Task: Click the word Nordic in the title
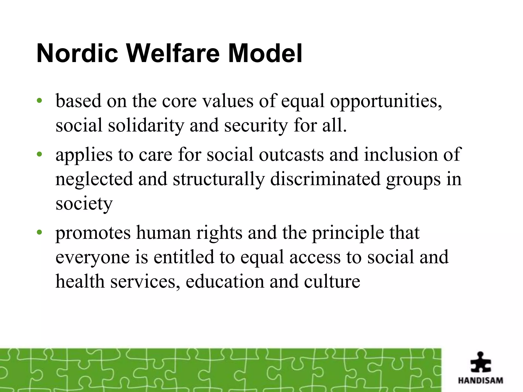77,54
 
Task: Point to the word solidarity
146,126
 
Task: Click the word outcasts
291,154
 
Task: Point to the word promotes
93,233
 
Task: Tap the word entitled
184,257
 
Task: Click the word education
225,281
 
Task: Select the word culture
332,281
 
